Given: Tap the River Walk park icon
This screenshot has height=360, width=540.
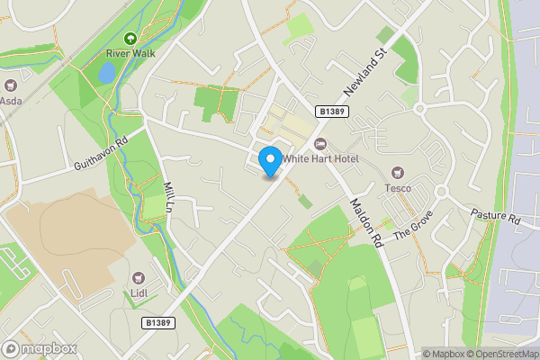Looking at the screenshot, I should (130, 39).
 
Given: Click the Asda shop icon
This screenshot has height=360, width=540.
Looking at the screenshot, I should (11, 85).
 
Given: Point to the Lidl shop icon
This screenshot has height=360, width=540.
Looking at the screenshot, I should (139, 278).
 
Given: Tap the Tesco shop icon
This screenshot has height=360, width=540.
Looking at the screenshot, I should (397, 173).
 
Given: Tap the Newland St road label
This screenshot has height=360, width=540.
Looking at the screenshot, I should (364, 75).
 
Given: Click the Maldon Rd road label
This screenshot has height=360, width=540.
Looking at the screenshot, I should (366, 222).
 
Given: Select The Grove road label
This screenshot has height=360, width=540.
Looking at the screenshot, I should (413, 222).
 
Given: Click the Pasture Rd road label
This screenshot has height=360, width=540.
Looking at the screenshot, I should (495, 218).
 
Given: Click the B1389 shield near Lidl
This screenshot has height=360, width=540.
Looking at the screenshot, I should (157, 321).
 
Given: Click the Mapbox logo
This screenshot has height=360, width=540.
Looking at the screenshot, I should (39, 348).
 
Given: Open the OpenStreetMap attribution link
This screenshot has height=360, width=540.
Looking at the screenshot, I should (502, 354).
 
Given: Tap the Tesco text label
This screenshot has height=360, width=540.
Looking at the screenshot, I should (397, 188).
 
